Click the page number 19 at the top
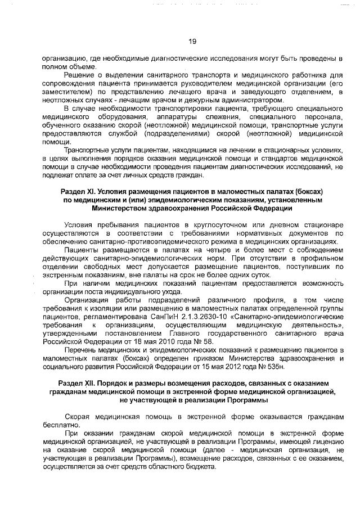(191, 41)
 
